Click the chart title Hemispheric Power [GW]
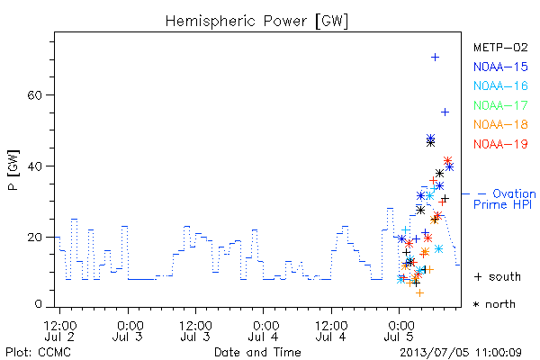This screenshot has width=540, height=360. [256, 21]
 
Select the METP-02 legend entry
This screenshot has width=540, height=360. [500, 47]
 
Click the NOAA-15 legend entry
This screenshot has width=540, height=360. [500, 67]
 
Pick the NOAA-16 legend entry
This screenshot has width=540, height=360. [500, 85]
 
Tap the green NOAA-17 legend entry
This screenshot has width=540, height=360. [500, 105]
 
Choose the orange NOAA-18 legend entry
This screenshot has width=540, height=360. [500, 124]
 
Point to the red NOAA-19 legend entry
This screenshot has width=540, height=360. [500, 144]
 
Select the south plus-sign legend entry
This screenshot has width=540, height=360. [498, 276]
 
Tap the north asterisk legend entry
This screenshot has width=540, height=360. [494, 304]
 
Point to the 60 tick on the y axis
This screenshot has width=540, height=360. [34, 95]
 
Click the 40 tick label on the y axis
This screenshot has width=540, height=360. [34, 166]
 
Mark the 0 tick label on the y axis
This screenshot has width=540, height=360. [39, 304]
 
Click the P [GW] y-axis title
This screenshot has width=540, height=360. [13, 170]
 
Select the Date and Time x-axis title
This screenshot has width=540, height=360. [257, 352]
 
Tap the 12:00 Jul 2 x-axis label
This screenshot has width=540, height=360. [60, 331]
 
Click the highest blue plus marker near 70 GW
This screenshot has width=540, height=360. [436, 58]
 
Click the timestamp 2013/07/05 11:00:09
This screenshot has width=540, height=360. [461, 352]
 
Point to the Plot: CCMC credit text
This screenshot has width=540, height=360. [38, 352]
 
